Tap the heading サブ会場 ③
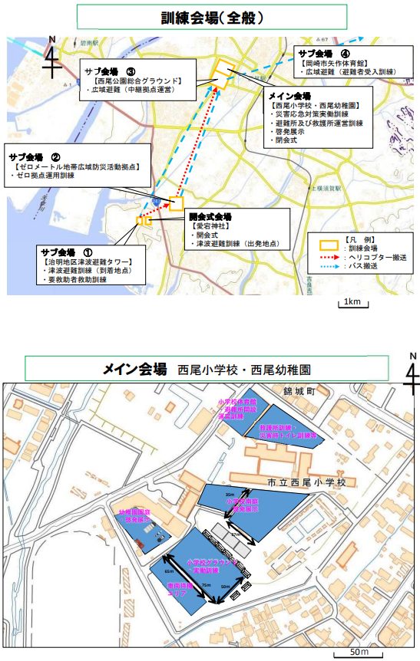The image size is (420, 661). coord(111,71)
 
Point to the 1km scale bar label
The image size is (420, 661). coord(352,301)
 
